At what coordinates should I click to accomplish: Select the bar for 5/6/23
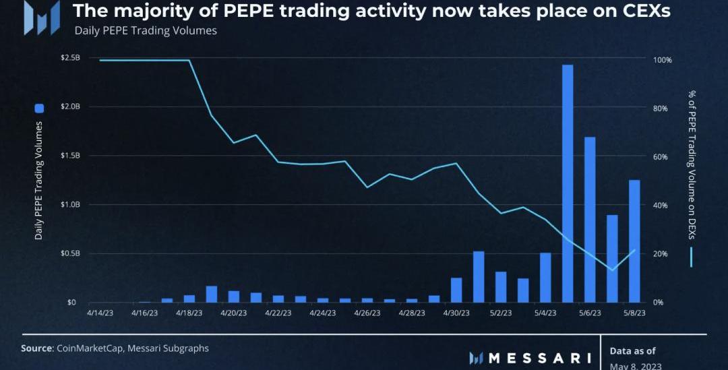click(x=590, y=220)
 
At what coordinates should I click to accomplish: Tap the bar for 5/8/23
click(x=634, y=241)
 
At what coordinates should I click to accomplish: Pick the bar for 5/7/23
click(x=612, y=259)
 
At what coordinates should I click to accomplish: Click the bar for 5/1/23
click(x=479, y=277)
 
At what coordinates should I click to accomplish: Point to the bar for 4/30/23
click(x=456, y=290)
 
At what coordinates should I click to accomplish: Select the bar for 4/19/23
click(x=212, y=295)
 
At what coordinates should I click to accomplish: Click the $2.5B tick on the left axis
click(x=71, y=58)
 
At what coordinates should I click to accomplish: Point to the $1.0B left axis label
click(x=71, y=205)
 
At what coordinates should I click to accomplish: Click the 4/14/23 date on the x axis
click(x=100, y=313)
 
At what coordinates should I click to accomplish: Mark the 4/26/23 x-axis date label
click(x=367, y=313)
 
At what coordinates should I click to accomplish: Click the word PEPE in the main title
click(x=248, y=11)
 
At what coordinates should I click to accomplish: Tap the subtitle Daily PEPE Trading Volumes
click(x=146, y=30)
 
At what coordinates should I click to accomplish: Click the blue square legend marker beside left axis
click(x=39, y=108)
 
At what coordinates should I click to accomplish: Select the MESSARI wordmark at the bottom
click(x=539, y=357)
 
